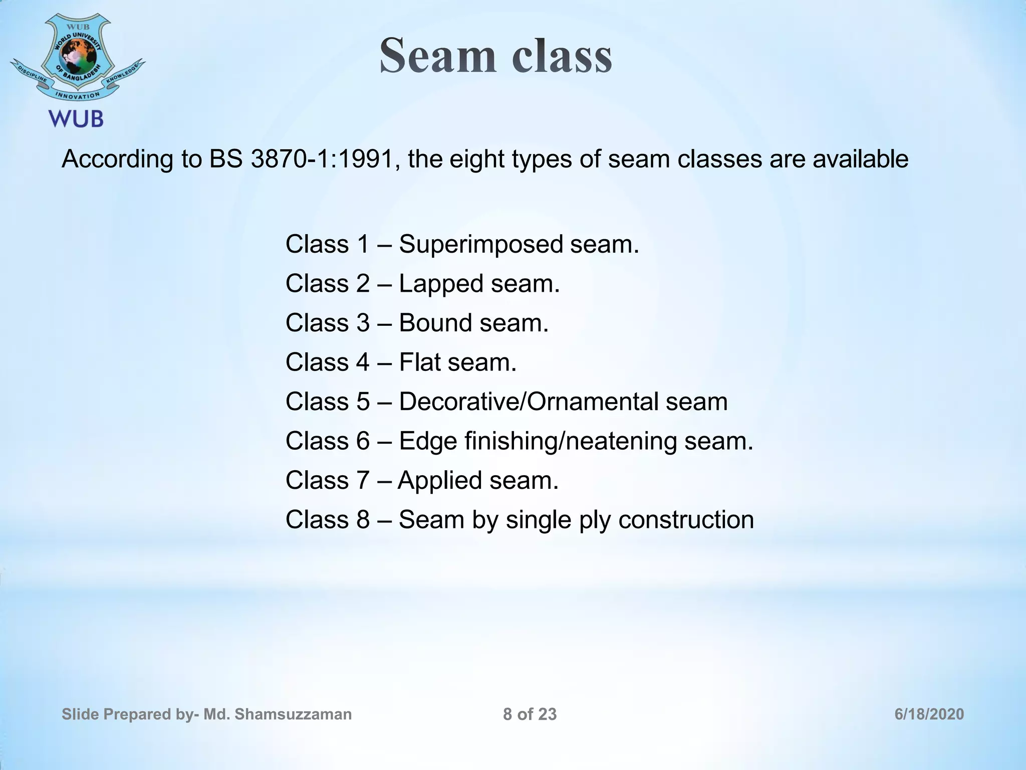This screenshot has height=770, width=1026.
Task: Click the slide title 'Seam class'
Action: click(x=495, y=56)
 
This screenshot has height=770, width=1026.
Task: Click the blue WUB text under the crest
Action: click(x=76, y=119)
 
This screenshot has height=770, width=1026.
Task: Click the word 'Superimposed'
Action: click(x=480, y=245)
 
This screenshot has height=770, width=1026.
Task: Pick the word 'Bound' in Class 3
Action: click(x=435, y=323)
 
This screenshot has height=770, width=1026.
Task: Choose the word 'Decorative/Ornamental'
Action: click(x=528, y=402)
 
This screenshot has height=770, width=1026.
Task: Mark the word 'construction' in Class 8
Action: click(x=686, y=519)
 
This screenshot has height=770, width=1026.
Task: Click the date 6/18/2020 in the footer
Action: click(x=929, y=714)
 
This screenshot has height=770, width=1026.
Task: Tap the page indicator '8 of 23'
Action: click(x=530, y=714)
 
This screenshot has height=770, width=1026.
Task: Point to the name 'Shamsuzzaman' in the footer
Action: click(x=293, y=714)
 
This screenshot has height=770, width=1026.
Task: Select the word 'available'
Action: click(x=860, y=159)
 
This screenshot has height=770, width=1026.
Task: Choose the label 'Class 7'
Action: click(x=327, y=480)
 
